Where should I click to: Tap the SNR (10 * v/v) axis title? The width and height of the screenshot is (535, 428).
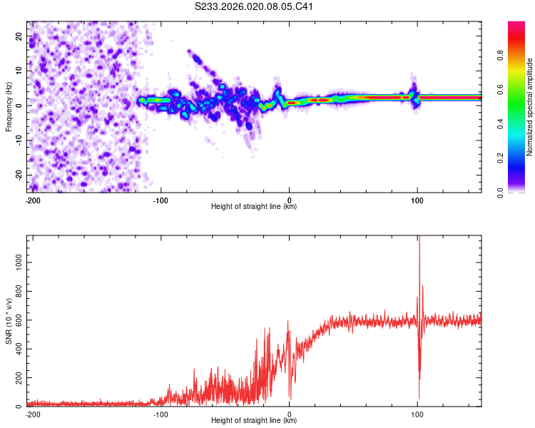pyautogui.click(x=9, y=321)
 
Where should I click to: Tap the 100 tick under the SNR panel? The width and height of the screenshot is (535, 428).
pyautogui.click(x=417, y=414)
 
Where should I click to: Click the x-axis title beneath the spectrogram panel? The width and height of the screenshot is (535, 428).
pyautogui.click(x=255, y=207)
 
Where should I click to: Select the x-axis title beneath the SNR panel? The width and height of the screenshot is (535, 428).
pyautogui.click(x=255, y=421)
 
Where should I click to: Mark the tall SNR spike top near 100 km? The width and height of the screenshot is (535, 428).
pyautogui.click(x=419, y=238)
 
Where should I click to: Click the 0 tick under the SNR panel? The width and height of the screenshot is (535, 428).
pyautogui.click(x=289, y=414)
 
